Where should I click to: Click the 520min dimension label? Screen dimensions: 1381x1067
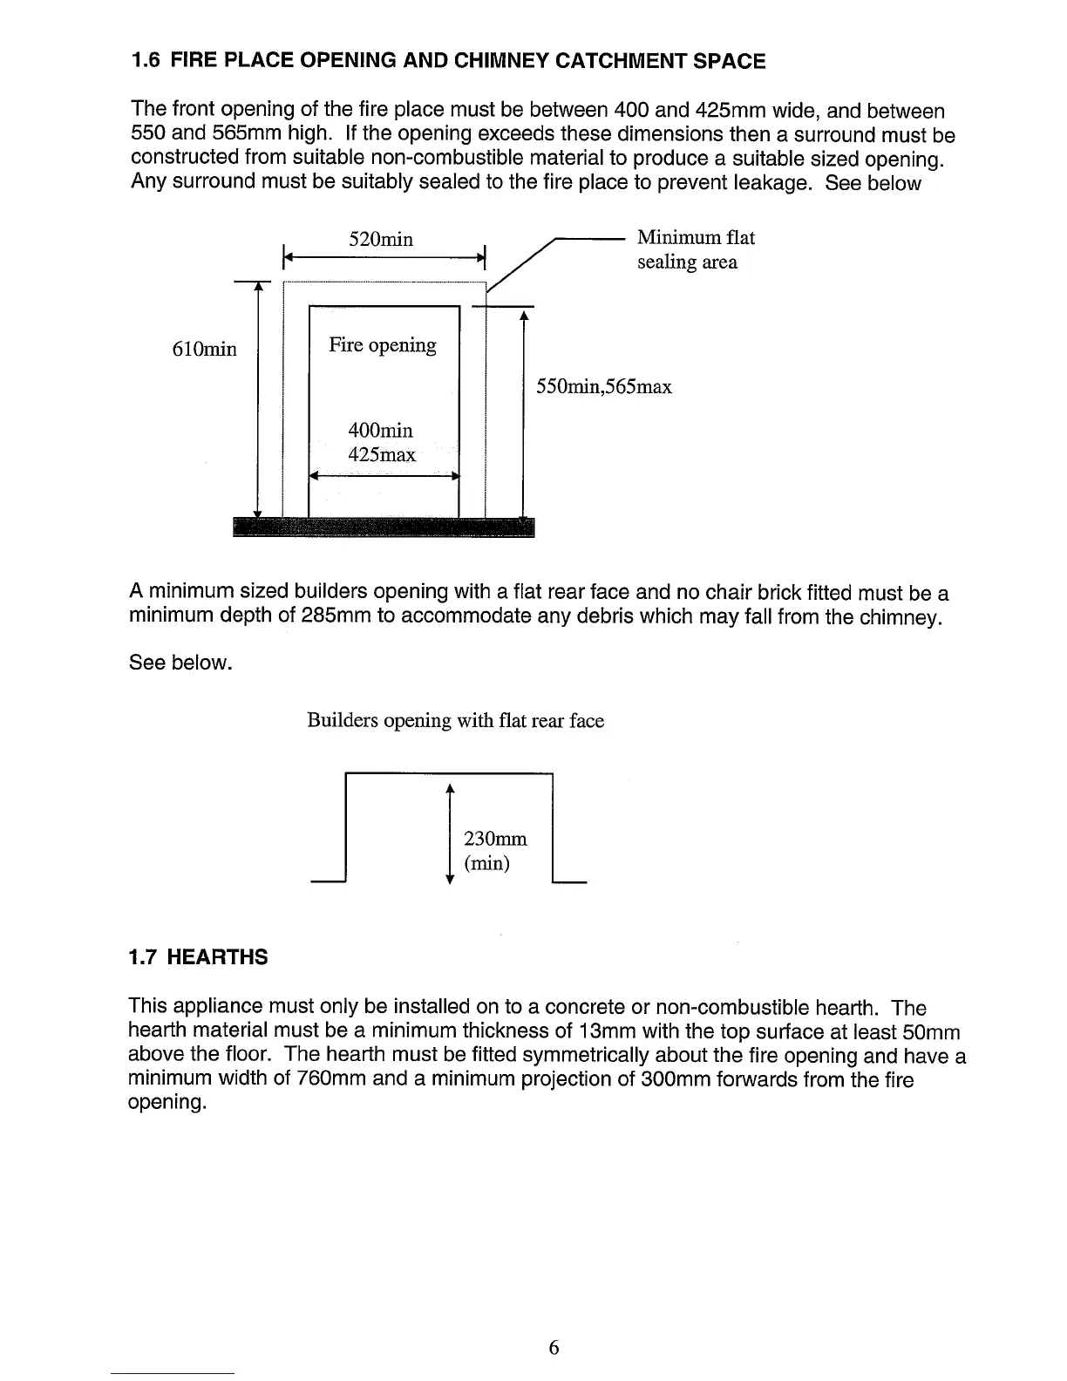[x=380, y=239]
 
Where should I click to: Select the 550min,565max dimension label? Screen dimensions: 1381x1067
[x=604, y=386]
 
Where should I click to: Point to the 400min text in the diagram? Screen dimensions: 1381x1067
[x=380, y=431]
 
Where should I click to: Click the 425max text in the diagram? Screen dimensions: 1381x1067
[x=382, y=454]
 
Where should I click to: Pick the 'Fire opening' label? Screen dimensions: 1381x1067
[x=382, y=345]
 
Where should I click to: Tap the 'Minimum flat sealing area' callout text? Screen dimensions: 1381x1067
[x=695, y=249]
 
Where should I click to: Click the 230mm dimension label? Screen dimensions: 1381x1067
[x=495, y=839]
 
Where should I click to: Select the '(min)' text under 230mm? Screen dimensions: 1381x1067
[x=486, y=863]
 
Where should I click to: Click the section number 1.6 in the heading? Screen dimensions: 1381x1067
[x=144, y=61]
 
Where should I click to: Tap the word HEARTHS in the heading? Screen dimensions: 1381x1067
[x=216, y=957]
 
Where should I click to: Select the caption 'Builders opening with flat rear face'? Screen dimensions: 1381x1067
[x=455, y=721]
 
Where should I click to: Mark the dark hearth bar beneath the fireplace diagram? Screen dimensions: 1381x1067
[x=384, y=527]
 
